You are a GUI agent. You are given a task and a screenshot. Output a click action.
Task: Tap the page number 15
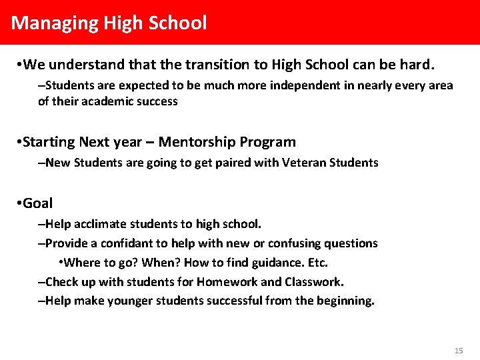[x=458, y=351]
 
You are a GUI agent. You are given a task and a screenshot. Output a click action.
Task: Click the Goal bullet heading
[x=37, y=203]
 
